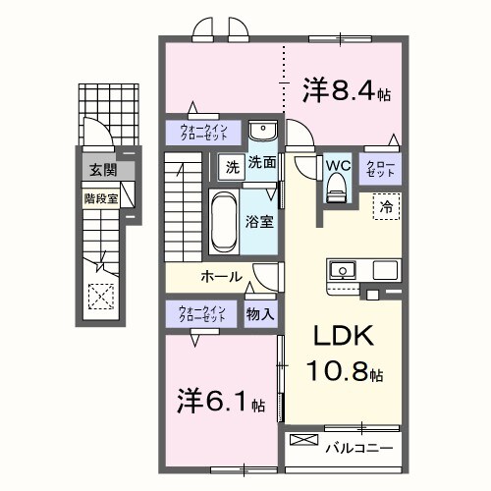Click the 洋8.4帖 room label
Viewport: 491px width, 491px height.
346,92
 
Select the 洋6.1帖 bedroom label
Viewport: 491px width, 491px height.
221,402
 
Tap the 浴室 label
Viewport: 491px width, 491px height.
260,222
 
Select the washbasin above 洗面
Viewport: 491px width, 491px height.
260,133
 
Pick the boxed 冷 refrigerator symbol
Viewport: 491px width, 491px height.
386,207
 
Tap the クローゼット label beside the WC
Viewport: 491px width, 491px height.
381,167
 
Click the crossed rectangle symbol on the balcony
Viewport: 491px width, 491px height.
303,441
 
